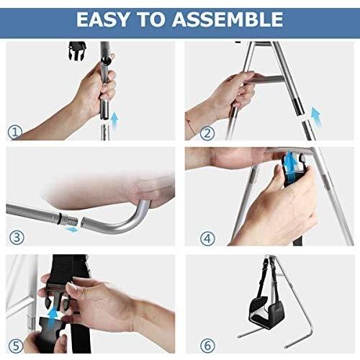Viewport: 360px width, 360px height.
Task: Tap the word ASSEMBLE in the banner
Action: (228, 19)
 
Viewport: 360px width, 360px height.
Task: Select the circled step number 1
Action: (15, 132)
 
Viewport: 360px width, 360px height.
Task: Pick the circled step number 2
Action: (207, 132)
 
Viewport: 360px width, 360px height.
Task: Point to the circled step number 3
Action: (17, 238)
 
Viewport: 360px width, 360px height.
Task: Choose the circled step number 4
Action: (207, 238)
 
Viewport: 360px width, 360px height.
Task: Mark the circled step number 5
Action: (16, 346)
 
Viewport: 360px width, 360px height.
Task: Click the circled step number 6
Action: (207, 346)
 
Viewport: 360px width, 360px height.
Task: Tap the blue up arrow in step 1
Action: (115, 120)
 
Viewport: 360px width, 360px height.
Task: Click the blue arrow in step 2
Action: (316, 117)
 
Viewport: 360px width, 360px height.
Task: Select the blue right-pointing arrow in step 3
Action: (72, 230)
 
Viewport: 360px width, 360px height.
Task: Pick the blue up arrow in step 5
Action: (53, 318)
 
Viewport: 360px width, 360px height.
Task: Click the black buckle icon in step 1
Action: (77, 51)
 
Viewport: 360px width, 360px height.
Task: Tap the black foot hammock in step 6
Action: (266, 310)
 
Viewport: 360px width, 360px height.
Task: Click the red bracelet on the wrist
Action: (190, 124)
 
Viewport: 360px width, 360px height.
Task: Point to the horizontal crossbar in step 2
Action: (267, 79)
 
